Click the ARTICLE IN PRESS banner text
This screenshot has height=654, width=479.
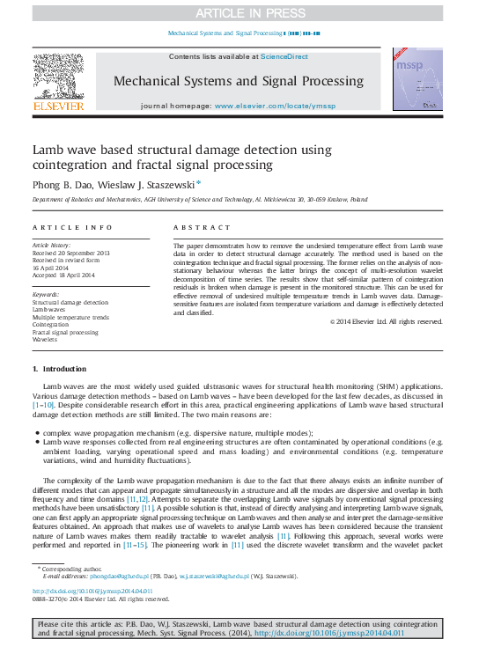[239, 12]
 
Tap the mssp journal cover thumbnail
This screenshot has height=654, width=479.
[417, 80]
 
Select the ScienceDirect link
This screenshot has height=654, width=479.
[284, 56]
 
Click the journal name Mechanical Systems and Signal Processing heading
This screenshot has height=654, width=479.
[238, 81]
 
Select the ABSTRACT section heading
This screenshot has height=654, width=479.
[195, 227]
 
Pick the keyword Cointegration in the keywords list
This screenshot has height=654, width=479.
[51, 325]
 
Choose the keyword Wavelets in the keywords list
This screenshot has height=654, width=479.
[45, 339]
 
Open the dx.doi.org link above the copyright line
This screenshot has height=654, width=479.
[92, 592]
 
